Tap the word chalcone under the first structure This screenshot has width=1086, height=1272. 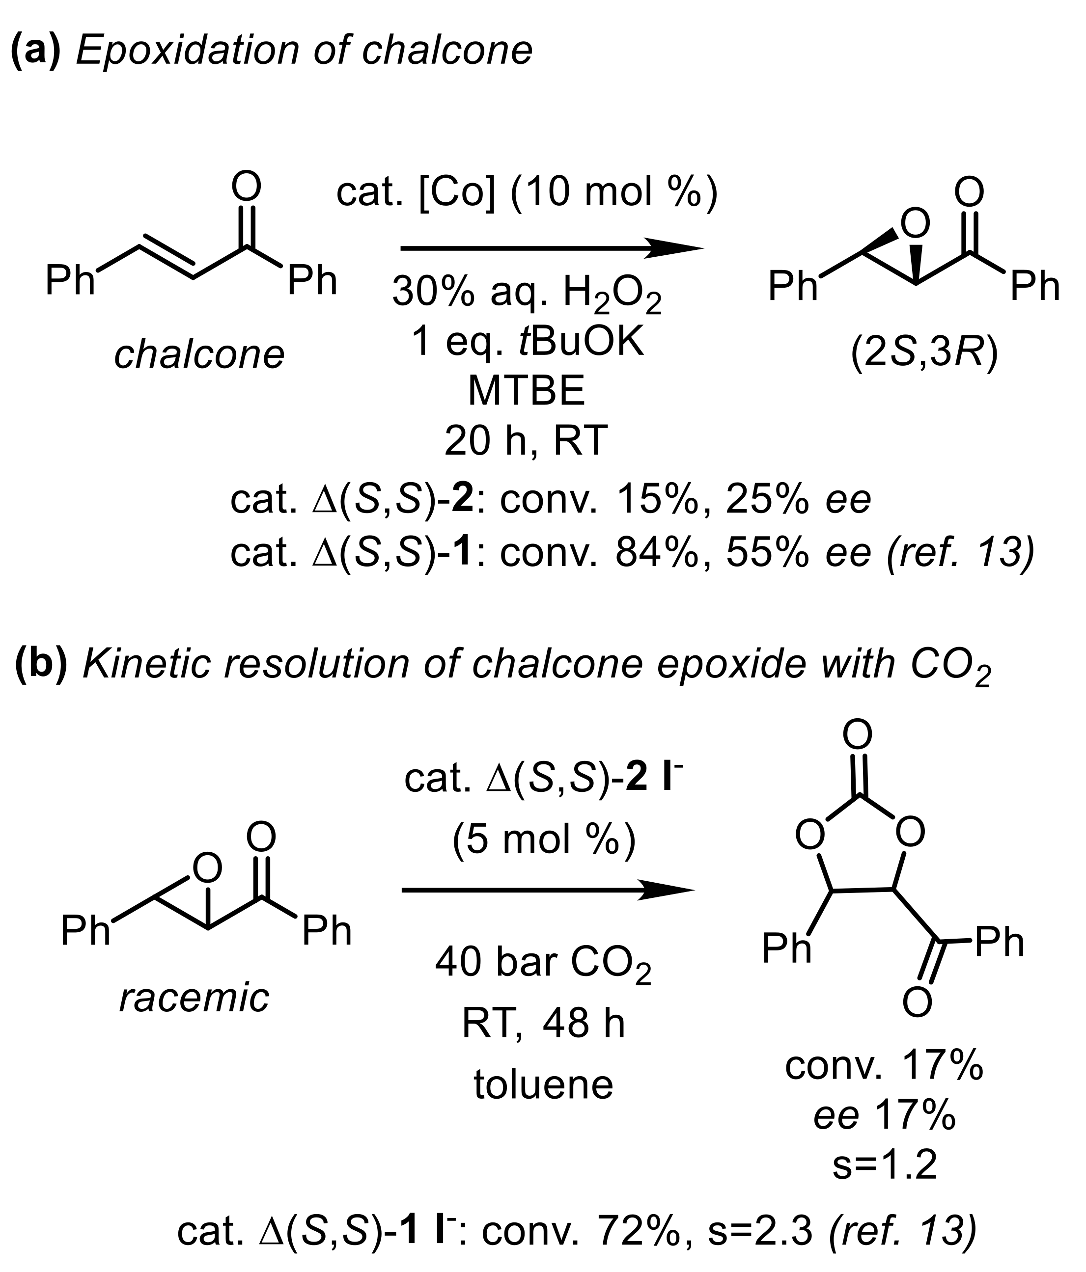tap(199, 354)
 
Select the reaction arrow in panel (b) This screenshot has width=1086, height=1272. tap(547, 890)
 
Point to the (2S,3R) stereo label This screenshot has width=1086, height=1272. tap(924, 354)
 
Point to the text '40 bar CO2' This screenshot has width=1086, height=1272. tap(543, 962)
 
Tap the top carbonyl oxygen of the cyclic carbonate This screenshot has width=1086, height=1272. tap(858, 734)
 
